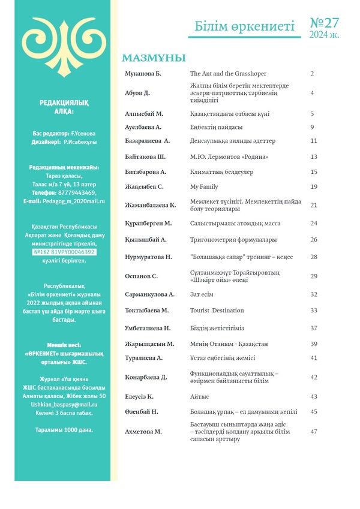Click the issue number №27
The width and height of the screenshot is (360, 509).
[x=325, y=23]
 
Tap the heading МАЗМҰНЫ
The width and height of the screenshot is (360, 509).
[x=154, y=58]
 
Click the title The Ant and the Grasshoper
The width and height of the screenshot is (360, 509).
[x=229, y=74]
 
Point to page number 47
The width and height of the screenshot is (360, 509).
[x=313, y=432]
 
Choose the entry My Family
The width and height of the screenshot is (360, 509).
[x=204, y=187]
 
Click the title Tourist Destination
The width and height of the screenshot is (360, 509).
[x=217, y=311]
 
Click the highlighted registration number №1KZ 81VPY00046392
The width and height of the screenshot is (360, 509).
[x=64, y=252]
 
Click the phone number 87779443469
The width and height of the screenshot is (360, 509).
[x=76, y=193]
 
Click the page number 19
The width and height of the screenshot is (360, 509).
[x=313, y=187]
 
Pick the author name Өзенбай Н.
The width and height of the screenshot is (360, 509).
[x=142, y=412]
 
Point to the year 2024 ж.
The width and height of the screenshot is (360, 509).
[x=324, y=35]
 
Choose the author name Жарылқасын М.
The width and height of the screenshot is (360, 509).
[x=149, y=344]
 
